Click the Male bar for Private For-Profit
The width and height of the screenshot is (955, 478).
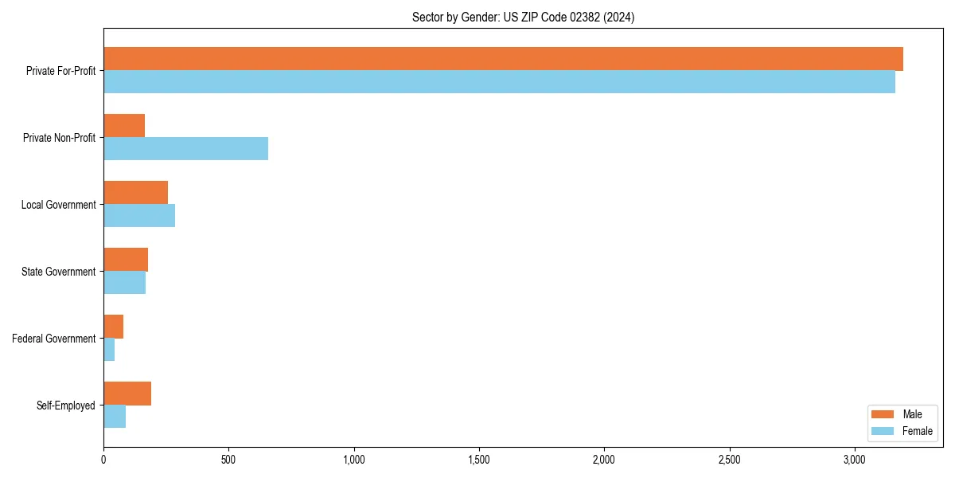tap(503, 59)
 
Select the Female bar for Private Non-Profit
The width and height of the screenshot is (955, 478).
tap(185, 149)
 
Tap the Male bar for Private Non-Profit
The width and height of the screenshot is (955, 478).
tap(124, 126)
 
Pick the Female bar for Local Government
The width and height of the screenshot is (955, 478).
tap(139, 216)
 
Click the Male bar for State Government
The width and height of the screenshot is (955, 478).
tap(126, 260)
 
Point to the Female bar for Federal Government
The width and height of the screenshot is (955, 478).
tap(109, 350)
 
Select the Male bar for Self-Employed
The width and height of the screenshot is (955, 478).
tap(127, 394)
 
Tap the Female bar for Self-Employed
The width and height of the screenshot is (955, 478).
tap(115, 417)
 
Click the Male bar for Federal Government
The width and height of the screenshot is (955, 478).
tap(113, 327)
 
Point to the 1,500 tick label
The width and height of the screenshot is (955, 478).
tap(479, 460)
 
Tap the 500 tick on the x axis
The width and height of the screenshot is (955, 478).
tap(228, 460)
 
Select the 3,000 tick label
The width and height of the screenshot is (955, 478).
tap(854, 460)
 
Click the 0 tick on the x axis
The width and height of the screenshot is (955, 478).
tap(103, 460)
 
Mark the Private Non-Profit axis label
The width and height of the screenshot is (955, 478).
tap(59, 138)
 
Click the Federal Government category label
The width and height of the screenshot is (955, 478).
tap(54, 339)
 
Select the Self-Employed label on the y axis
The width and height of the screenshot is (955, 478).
tap(66, 406)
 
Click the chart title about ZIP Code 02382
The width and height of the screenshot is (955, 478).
tap(523, 17)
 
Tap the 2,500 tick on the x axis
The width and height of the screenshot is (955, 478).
tap(729, 460)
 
